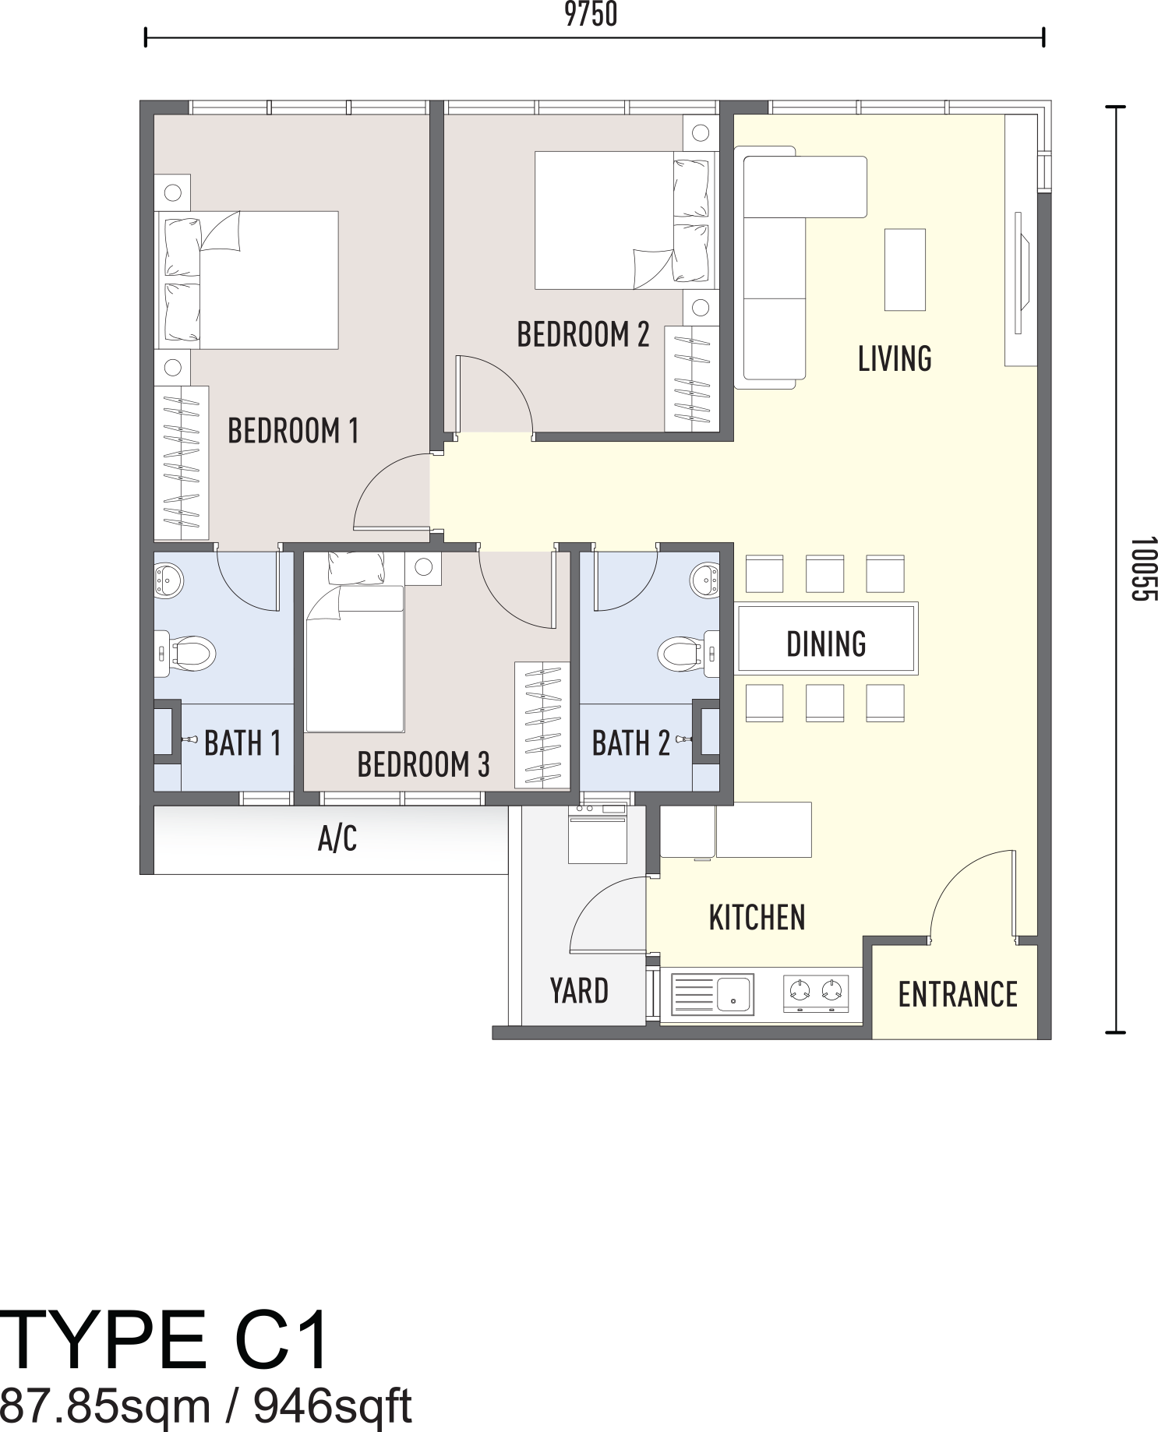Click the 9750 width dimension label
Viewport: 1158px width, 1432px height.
[x=591, y=14]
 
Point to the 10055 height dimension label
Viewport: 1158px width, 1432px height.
[x=1143, y=569]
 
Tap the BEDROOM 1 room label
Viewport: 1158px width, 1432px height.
[x=293, y=431]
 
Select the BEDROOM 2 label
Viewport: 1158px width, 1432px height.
[x=583, y=334]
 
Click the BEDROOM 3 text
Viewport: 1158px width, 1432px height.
[x=423, y=764]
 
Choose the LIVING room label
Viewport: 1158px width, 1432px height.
[x=895, y=358]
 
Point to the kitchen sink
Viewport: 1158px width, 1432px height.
[x=712, y=994]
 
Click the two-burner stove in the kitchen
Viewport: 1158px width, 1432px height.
[x=816, y=993]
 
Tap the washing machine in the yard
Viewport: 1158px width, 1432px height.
[x=598, y=834]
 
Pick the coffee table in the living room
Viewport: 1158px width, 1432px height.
[x=905, y=270]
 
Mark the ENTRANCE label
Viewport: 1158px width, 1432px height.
[x=958, y=995]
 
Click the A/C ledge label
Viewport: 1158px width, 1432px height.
[x=337, y=839]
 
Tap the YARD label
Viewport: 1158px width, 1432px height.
[x=579, y=991]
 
